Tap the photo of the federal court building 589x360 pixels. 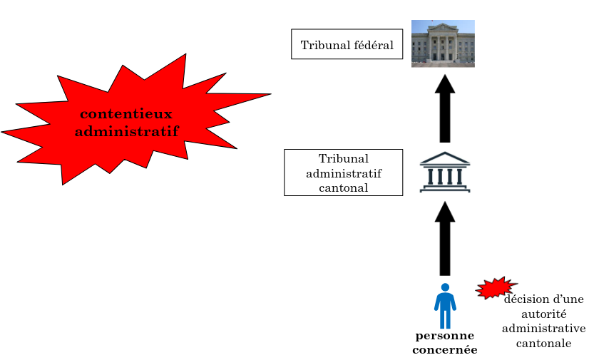coord(443,43)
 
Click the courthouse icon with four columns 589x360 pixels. coord(445,172)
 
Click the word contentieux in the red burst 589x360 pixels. coord(126,114)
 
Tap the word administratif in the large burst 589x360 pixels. coord(126,131)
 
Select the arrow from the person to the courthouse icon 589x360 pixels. coord(445,239)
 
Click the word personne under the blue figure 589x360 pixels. coord(445,336)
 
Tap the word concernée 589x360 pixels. coord(445,349)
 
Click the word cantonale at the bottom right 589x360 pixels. coord(545,343)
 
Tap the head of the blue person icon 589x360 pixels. coord(445,287)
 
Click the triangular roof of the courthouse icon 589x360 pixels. coord(445,158)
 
